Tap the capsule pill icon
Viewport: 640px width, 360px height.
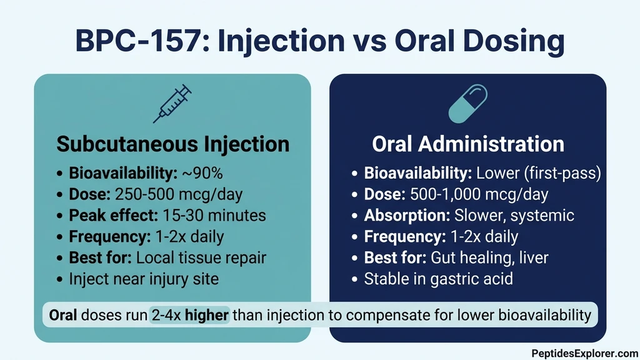[467, 105]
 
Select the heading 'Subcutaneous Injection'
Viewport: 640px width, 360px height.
[172, 144]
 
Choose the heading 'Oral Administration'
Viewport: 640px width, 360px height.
[467, 144]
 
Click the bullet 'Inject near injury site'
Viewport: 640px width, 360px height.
[144, 279]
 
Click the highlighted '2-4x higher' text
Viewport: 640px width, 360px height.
[190, 316]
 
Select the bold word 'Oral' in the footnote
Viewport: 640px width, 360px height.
[62, 316]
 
